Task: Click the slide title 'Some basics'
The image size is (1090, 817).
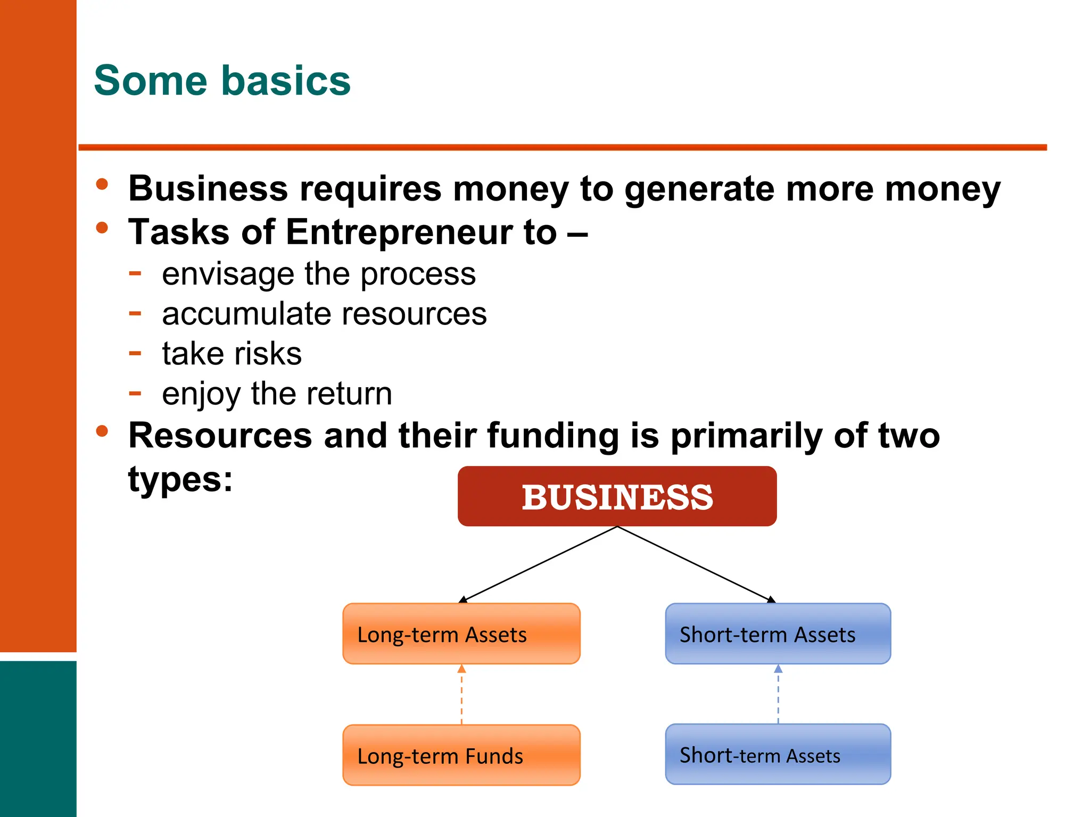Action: [222, 80]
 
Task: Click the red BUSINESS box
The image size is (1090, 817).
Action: [617, 496]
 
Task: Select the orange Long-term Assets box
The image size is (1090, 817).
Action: [461, 633]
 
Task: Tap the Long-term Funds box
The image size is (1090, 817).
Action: [461, 755]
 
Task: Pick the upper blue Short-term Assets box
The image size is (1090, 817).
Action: [778, 633]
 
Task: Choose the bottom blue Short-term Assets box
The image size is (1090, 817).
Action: [778, 754]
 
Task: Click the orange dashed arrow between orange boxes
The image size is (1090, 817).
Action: [461, 695]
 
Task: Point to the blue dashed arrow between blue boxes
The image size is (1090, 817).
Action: [778, 694]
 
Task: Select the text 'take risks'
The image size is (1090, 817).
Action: [232, 354]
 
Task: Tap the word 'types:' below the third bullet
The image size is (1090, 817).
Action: [180, 479]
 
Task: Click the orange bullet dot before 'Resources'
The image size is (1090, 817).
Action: [102, 431]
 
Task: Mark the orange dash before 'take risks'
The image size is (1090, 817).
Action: [135, 353]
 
